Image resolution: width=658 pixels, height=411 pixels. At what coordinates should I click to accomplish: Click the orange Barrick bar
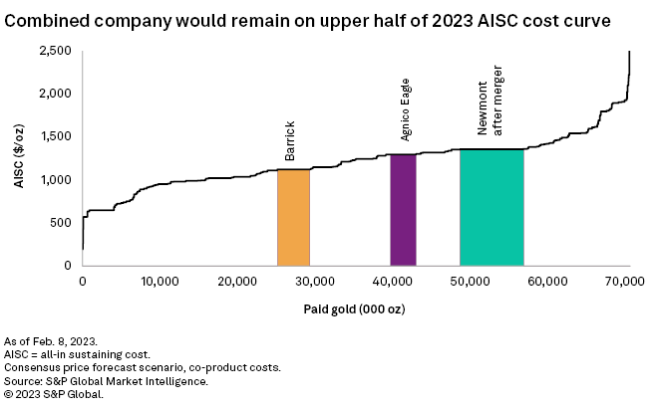pyautogui.click(x=293, y=217)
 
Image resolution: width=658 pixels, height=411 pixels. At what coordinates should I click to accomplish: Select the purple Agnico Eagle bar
pyautogui.click(x=403, y=210)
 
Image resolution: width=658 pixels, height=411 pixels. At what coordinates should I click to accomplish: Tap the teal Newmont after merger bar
pyautogui.click(x=492, y=207)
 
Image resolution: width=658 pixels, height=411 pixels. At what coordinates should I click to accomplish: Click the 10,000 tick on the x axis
pyautogui.click(x=160, y=283)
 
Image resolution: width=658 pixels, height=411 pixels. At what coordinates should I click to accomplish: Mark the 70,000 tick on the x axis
pyautogui.click(x=627, y=283)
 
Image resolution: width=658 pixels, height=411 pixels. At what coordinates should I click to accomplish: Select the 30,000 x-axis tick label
pyautogui.click(x=316, y=283)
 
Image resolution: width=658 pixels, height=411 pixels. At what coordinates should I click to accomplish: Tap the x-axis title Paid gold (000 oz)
pyautogui.click(x=355, y=308)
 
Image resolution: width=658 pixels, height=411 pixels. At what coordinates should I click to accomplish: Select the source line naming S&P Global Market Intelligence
pyautogui.click(x=106, y=381)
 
